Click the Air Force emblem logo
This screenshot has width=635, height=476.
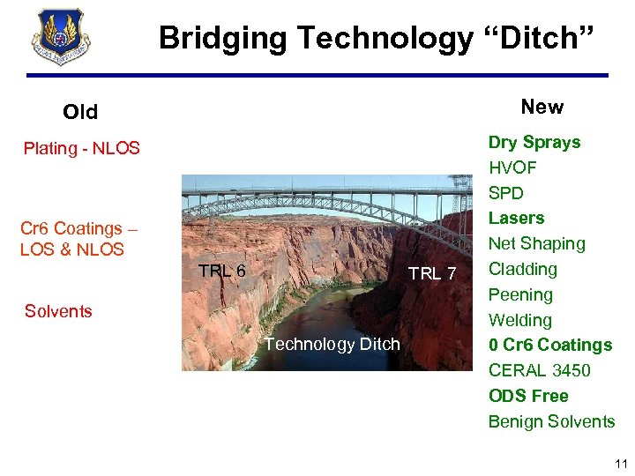[60, 37]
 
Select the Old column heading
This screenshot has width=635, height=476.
[80, 112]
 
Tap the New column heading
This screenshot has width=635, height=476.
[542, 107]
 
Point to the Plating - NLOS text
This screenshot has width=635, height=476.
[81, 148]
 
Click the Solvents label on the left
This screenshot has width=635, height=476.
[58, 311]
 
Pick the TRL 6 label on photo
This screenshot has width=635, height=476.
[221, 271]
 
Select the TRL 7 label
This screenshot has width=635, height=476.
[432, 274]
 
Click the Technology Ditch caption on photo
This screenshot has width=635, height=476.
[332, 344]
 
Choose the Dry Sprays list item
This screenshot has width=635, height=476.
[534, 142]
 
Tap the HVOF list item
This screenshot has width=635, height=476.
[512, 167]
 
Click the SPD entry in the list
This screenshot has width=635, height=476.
[506, 193]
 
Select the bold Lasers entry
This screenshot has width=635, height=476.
[517, 218]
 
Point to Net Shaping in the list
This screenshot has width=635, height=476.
[537, 243]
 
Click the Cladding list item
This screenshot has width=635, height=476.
[523, 269]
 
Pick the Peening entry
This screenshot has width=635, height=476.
[520, 294]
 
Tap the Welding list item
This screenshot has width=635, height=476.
[520, 320]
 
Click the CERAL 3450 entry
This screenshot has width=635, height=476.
[540, 370]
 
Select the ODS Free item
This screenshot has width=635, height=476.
[528, 396]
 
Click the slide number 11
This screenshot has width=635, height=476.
[621, 464]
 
